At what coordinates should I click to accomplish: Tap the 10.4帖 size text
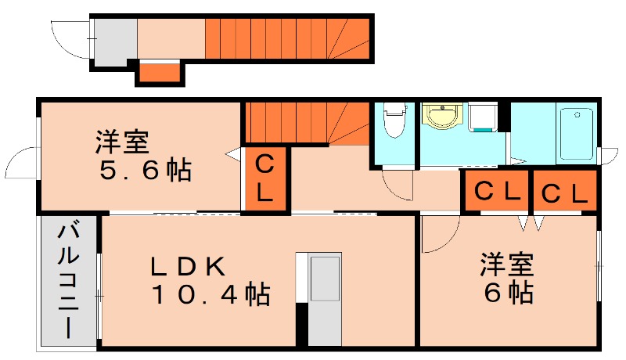[210, 295]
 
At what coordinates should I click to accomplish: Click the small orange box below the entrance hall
[160, 73]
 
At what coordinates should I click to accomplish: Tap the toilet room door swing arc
[399, 185]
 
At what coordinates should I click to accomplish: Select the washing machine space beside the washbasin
[483, 118]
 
